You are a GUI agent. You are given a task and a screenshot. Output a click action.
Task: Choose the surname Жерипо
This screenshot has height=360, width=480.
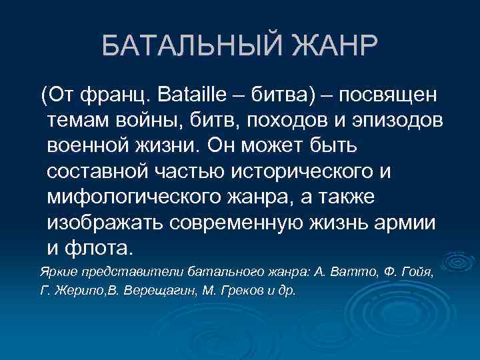[77, 291]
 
